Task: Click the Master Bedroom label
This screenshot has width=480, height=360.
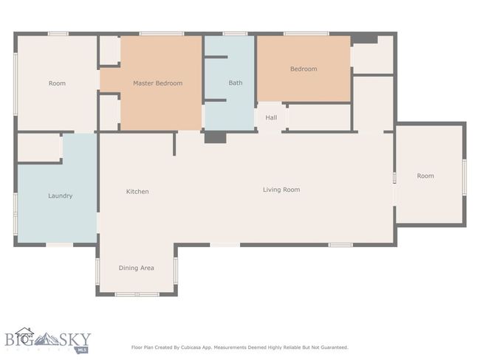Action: pos(157,83)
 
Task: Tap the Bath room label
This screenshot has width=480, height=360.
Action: pos(236,83)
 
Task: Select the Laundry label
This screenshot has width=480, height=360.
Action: pos(61,195)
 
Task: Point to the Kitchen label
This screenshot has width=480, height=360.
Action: pos(137,192)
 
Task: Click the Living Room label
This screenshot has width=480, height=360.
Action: pos(281,190)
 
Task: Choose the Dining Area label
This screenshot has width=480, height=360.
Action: pos(136,268)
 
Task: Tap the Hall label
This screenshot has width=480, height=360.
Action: pos(271,117)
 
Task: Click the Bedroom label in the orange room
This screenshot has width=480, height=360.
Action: pos(304,69)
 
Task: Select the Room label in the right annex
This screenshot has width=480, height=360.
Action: pos(425,176)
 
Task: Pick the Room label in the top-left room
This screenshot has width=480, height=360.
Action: pos(57,83)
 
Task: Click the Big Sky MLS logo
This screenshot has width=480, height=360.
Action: pos(48,340)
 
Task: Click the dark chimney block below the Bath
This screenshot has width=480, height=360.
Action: pos(215,137)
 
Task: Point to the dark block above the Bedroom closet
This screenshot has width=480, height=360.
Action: pos(364,39)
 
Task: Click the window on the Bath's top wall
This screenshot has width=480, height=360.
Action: pos(235,34)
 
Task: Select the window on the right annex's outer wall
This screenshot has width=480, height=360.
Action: pos(464,177)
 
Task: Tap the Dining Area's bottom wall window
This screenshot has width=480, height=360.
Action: pos(137,294)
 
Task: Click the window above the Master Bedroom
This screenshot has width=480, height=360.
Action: pos(162,34)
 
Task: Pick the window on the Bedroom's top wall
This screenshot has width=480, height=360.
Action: pos(306,34)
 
